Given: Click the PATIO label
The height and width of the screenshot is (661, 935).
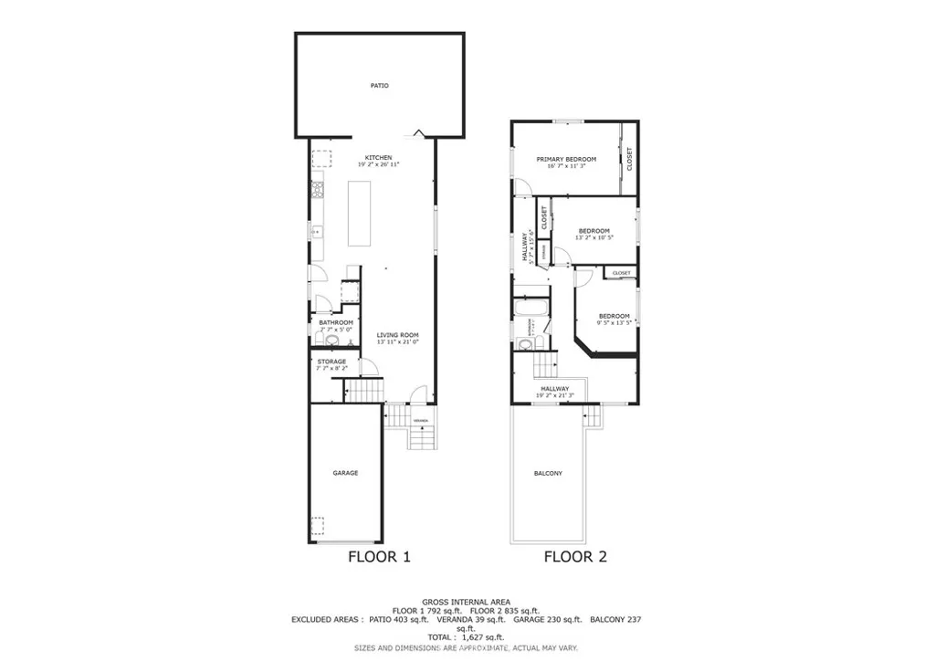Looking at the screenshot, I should (379, 86).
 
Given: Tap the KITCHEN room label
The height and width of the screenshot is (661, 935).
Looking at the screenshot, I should (379, 156).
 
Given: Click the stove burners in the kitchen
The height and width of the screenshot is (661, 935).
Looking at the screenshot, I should (319, 191).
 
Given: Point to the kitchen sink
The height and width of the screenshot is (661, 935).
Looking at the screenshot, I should (317, 232).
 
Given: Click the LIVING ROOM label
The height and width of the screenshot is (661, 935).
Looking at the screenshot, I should (397, 335).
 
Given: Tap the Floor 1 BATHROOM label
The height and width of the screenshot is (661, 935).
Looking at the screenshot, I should (335, 322).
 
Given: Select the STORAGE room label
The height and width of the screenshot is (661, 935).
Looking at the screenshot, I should (331, 362).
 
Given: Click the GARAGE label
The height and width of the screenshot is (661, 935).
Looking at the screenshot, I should (345, 473).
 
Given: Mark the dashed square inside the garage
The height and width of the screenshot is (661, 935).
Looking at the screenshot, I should (317, 527).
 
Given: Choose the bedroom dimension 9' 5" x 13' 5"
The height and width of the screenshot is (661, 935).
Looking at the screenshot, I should (614, 322).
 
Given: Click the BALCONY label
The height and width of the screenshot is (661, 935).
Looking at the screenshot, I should (548, 474).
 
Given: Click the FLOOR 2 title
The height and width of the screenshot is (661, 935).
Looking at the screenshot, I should (575, 556).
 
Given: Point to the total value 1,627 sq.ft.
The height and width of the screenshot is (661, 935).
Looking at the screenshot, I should (482, 637).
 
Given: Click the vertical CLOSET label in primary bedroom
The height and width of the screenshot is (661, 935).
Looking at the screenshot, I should (629, 159).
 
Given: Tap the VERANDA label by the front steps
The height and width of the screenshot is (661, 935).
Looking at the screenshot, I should (420, 421).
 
